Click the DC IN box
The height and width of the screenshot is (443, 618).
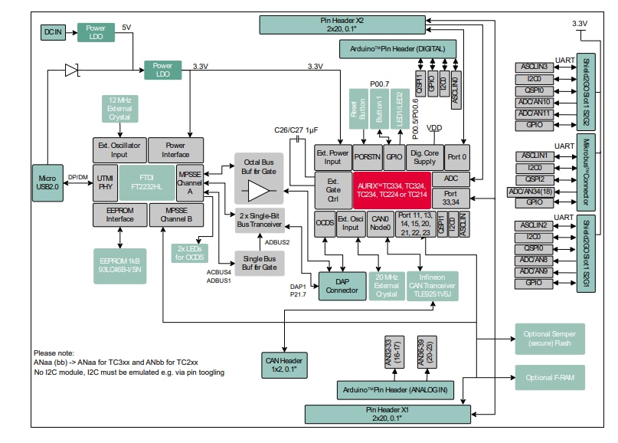click(52, 31)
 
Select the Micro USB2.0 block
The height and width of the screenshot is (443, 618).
click(47, 183)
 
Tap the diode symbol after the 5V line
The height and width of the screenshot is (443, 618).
click(72, 71)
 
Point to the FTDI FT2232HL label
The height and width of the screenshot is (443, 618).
click(146, 182)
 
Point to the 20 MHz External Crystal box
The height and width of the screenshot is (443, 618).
click(386, 285)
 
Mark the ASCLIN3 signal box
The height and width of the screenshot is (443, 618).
click(533, 67)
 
